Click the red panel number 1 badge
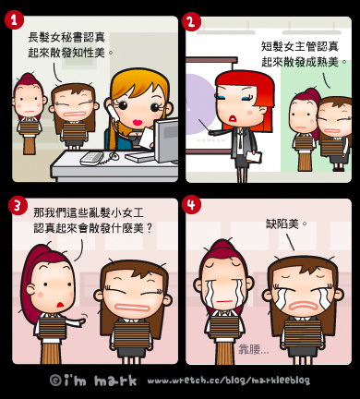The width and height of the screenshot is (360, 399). pyautogui.click(x=14, y=20)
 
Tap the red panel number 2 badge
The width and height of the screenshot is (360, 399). pyautogui.click(x=191, y=21)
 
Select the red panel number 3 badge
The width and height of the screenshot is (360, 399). pyautogui.click(x=18, y=205)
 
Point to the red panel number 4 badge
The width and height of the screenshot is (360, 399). pyautogui.click(x=191, y=204)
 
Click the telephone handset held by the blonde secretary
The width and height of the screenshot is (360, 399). pyautogui.click(x=113, y=114)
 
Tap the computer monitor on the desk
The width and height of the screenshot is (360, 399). pyautogui.click(x=166, y=140)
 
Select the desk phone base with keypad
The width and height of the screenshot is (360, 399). pyautogui.click(x=91, y=158)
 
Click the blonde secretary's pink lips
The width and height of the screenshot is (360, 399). pyautogui.click(x=138, y=122)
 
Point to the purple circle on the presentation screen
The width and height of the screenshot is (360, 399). pyautogui.click(x=200, y=104)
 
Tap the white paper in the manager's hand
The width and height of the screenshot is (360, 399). pyautogui.click(x=254, y=157)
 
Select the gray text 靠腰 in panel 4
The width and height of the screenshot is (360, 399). pyautogui.click(x=249, y=349)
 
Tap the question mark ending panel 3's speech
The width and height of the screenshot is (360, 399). pyautogui.click(x=150, y=228)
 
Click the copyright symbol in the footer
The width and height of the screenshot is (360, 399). pyautogui.click(x=55, y=381)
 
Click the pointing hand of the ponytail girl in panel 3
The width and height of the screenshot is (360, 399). pyautogui.click(x=82, y=320)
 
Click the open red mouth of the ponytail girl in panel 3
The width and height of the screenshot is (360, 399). pyautogui.click(x=61, y=304)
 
